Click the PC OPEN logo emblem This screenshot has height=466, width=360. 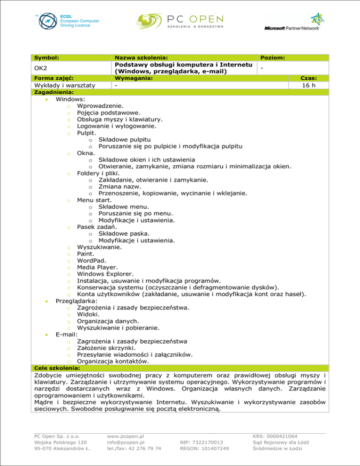point(150,22)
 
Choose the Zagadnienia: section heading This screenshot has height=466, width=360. point(54,92)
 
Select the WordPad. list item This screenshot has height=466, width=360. point(91,260)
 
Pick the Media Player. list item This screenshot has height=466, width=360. point(97,267)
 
